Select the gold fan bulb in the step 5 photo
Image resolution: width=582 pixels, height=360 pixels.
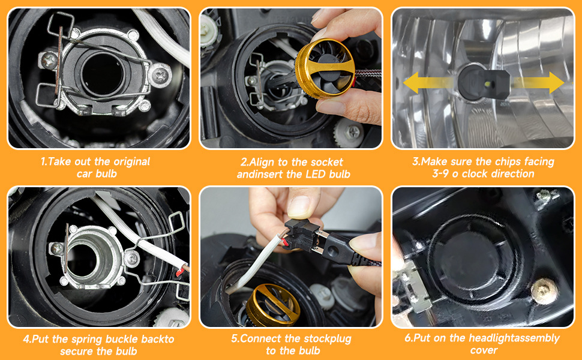[274, 305]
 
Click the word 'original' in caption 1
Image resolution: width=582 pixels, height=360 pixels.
[132, 161]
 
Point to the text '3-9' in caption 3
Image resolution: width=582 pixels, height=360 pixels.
[440, 173]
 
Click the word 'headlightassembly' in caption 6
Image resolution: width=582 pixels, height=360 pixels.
[514, 338]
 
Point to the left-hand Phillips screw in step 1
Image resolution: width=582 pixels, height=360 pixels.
[49, 61]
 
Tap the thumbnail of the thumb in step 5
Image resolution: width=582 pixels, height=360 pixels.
[300, 206]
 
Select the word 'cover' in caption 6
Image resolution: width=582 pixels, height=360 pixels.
[484, 350]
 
